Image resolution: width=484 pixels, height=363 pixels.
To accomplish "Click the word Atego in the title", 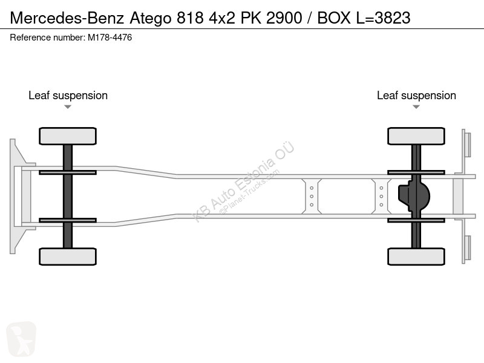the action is point(150,18).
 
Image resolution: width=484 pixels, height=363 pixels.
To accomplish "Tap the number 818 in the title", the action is point(190,18).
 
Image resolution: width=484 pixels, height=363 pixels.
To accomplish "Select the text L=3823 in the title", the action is point(384,18).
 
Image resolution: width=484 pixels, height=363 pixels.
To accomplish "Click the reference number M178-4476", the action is point(110,38).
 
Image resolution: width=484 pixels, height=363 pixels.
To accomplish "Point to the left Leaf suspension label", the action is point(68,96).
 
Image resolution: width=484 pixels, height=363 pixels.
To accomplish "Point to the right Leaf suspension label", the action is point(416,96).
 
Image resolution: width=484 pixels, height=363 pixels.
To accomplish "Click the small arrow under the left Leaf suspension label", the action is point(68,107).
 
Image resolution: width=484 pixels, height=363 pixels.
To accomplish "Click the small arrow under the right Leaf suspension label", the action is point(416,107).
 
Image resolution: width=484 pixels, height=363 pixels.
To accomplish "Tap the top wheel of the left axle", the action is point(68,136).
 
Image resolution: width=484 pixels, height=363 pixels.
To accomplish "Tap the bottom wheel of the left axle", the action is point(68,257).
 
